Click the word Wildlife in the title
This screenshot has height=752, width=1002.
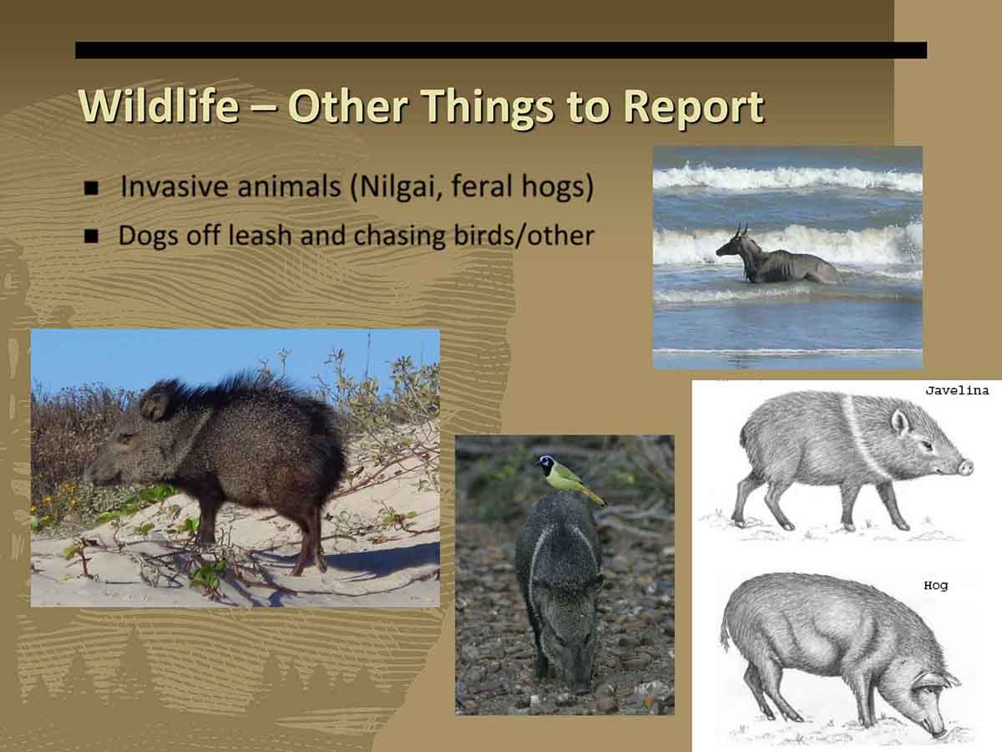click(159, 106)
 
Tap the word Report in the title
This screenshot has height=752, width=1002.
click(693, 108)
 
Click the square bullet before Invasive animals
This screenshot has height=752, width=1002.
click(91, 188)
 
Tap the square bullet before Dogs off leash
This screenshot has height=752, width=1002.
click(91, 236)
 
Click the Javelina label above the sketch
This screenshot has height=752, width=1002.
click(957, 391)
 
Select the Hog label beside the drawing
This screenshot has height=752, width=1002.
click(935, 586)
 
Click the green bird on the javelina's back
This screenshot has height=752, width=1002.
click(569, 480)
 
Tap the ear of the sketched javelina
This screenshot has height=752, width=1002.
click(900, 422)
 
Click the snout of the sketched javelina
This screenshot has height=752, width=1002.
click(965, 466)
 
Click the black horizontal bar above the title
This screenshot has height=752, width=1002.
click(501, 50)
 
